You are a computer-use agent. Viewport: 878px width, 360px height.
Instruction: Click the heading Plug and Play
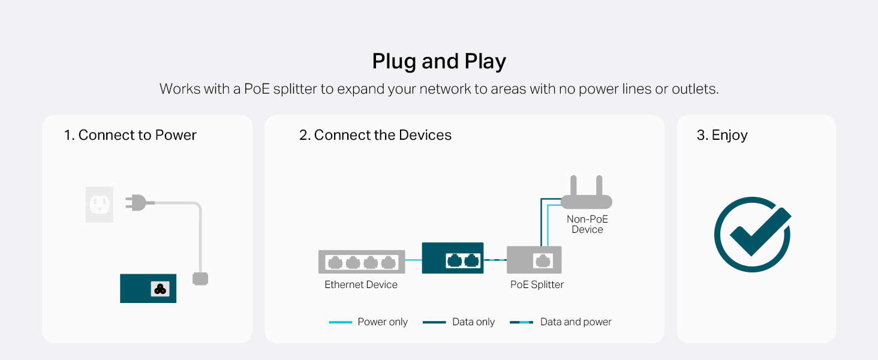[x=439, y=62]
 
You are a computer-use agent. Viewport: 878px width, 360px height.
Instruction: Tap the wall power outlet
[x=100, y=205]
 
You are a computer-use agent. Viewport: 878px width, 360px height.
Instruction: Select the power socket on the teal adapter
[x=160, y=289]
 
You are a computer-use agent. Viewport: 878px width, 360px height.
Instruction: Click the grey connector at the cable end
[x=200, y=279]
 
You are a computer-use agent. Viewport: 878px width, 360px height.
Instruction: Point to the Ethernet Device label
[x=361, y=285]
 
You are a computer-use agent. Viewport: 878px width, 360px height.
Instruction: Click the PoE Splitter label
[x=537, y=285]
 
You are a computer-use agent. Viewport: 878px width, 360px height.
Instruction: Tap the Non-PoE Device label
[x=587, y=224]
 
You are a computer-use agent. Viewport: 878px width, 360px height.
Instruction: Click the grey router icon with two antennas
[x=587, y=192]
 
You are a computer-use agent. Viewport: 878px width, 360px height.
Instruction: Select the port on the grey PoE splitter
[x=543, y=260]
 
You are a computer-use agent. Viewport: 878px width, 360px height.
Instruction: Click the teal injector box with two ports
[x=453, y=258]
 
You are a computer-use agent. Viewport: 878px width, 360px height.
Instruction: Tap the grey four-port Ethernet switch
[x=362, y=262]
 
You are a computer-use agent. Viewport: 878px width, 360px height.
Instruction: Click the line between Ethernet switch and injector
[x=414, y=260]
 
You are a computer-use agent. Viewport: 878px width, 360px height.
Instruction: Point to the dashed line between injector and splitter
[x=495, y=260]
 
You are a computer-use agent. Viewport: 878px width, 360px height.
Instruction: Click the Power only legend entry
[x=368, y=322]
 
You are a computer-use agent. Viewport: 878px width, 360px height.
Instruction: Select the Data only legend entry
[x=459, y=322]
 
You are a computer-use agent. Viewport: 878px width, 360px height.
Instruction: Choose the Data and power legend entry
[x=561, y=322]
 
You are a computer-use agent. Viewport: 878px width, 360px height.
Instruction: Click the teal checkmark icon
[x=753, y=235]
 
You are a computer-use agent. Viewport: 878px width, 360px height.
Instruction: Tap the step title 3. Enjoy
[x=722, y=135]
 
